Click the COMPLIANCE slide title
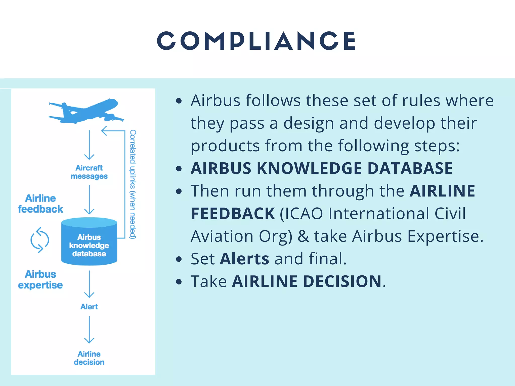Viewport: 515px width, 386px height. pyautogui.click(x=256, y=41)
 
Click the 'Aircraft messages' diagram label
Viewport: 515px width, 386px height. pyautogui.click(x=89, y=172)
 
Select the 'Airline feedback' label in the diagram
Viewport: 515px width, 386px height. pyautogui.click(x=40, y=204)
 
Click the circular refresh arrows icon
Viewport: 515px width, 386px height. pyautogui.click(x=40, y=240)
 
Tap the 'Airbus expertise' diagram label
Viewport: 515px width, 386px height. pyautogui.click(x=40, y=279)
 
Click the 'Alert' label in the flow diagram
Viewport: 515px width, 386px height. pyautogui.click(x=89, y=307)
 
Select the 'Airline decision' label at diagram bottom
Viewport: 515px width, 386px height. pyautogui.click(x=89, y=358)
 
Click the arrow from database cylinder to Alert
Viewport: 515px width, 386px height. pyautogui.click(x=89, y=284)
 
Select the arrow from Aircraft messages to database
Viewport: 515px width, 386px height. pyautogui.click(x=89, y=200)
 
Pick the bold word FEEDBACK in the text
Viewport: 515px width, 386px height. pyautogui.click(x=233, y=214)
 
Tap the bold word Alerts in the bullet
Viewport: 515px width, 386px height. pyautogui.click(x=244, y=259)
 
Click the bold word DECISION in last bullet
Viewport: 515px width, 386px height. pyautogui.click(x=342, y=281)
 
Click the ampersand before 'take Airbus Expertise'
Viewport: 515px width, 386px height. pyautogui.click(x=303, y=236)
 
